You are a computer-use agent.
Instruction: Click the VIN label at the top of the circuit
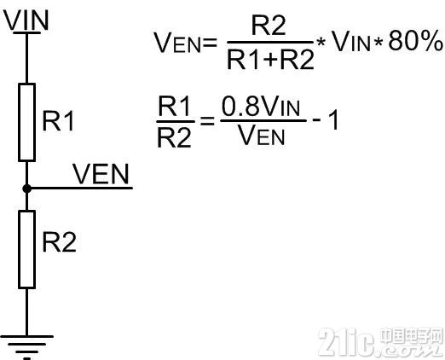26,20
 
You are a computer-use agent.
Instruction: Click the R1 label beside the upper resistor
58,121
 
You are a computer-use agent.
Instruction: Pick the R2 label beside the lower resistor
59,242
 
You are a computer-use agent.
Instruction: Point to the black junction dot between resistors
26,189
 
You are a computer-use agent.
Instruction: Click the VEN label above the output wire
101,174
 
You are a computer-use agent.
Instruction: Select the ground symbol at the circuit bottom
26,347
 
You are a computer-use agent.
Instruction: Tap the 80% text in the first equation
415,41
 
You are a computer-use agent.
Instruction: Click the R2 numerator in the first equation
269,26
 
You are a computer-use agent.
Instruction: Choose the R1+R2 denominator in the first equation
270,59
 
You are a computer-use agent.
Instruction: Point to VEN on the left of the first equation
177,43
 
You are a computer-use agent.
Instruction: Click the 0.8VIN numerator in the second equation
261,106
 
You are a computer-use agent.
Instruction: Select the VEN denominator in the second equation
261,135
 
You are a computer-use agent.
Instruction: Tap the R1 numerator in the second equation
174,106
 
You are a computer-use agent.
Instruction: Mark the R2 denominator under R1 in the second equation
174,137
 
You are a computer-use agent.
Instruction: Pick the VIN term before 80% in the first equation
351,41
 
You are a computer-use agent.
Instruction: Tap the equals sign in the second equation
207,121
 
